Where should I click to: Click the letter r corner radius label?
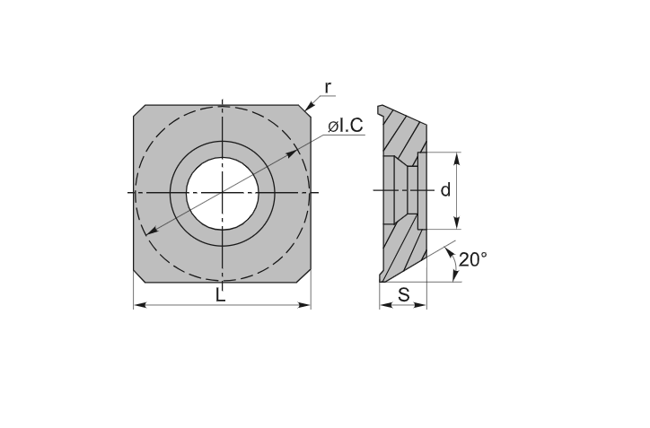pos(328,88)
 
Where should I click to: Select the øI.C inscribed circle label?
pos(346,126)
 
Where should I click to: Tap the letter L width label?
pos(221,295)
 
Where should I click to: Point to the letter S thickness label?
pos(403,295)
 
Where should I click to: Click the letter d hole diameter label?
pos(445,190)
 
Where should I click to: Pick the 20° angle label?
pos(473,260)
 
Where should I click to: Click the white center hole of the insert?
pos(223,193)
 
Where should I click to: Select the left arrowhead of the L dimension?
pos(141,305)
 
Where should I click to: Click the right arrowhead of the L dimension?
pos(304,305)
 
